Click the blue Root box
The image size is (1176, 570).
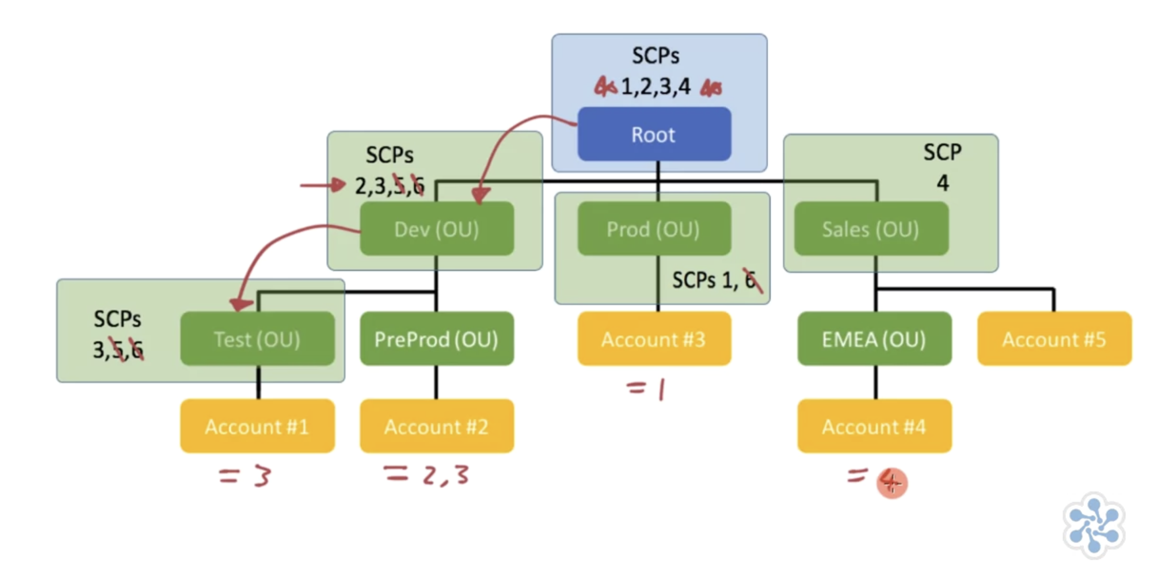click(x=654, y=134)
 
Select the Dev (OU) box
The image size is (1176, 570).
click(x=437, y=229)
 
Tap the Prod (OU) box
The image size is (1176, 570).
click(x=654, y=229)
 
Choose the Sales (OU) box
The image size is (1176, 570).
click(x=871, y=229)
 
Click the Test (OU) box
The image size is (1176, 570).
click(x=257, y=339)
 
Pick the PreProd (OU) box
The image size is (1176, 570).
click(x=437, y=339)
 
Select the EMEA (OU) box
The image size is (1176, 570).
click(x=874, y=339)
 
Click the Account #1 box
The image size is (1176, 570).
click(x=257, y=426)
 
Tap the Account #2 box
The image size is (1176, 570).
click(x=437, y=426)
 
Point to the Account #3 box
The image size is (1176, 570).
click(x=654, y=339)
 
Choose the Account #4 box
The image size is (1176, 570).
click(x=874, y=426)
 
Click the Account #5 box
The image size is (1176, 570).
click(x=1054, y=339)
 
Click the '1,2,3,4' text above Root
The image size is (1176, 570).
click(x=656, y=87)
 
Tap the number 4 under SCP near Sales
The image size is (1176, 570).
click(x=943, y=183)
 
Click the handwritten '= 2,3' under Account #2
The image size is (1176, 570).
click(x=427, y=475)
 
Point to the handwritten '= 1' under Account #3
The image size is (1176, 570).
click(x=646, y=389)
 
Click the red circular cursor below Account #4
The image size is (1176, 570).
click(x=892, y=483)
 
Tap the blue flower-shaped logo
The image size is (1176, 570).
click(x=1094, y=525)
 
